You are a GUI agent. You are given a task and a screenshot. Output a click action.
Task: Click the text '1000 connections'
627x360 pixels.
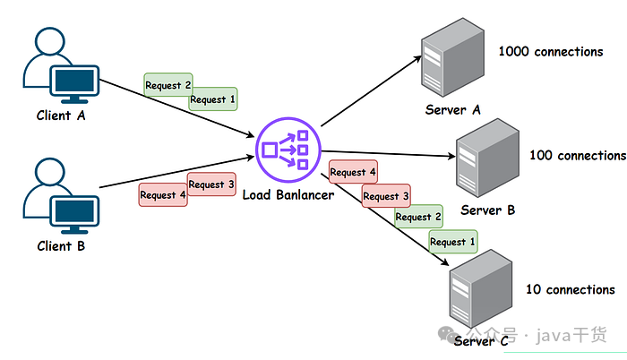[550, 52]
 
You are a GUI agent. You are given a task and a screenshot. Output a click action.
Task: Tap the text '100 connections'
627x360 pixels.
[577, 156]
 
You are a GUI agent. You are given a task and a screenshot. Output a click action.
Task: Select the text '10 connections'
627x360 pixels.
[570, 289]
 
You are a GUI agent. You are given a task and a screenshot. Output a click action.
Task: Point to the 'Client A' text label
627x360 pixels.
[60, 116]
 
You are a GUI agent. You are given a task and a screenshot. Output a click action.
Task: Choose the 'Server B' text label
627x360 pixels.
[488, 210]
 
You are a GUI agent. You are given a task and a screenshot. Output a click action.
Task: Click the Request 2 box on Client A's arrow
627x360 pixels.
[167, 86]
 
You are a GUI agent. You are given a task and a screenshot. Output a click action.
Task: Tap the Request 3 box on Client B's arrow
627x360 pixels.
[211, 184]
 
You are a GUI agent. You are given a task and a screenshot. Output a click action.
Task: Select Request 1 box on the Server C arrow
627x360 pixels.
[452, 242]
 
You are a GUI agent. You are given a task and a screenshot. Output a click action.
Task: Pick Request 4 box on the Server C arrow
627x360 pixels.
[353, 172]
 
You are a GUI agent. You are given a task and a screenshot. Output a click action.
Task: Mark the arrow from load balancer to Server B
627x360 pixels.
[385, 153]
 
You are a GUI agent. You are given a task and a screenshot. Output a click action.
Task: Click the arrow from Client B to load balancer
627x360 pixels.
[179, 174]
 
